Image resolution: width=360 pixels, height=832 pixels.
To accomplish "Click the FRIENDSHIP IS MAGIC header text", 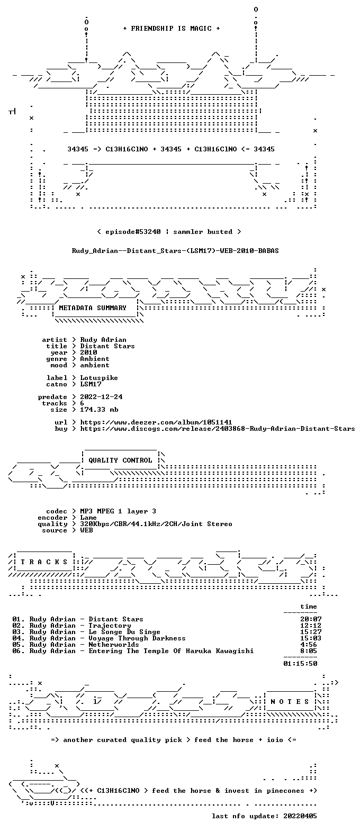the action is [172, 29].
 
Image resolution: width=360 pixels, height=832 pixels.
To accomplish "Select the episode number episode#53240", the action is [133, 232].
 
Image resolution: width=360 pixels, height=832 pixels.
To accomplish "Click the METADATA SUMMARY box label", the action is [93, 308].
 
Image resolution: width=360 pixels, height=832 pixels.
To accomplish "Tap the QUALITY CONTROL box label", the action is [120, 460].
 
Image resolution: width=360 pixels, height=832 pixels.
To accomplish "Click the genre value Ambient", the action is [95, 359].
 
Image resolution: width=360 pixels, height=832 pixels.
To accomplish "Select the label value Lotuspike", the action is [99, 378].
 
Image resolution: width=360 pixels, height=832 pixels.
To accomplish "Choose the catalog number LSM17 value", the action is [91, 384].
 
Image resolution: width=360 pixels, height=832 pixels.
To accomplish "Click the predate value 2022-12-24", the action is [101, 397].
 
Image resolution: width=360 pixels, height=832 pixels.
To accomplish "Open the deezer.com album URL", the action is [156, 422].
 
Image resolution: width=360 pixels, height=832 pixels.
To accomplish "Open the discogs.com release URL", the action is [218, 429].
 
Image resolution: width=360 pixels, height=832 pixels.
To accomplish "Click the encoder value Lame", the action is [88, 518].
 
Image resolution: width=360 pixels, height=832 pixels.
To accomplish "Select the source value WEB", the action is [86, 530].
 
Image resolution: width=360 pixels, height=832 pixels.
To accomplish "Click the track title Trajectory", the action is [110, 626].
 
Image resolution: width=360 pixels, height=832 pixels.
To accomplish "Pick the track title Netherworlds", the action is [114, 645].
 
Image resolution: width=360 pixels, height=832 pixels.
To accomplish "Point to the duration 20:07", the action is [311, 619].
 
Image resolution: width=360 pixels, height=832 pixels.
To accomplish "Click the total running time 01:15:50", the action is [300, 664].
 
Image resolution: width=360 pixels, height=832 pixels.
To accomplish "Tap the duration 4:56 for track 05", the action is [309, 645].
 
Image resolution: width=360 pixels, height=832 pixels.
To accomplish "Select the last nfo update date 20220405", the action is [300, 816].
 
